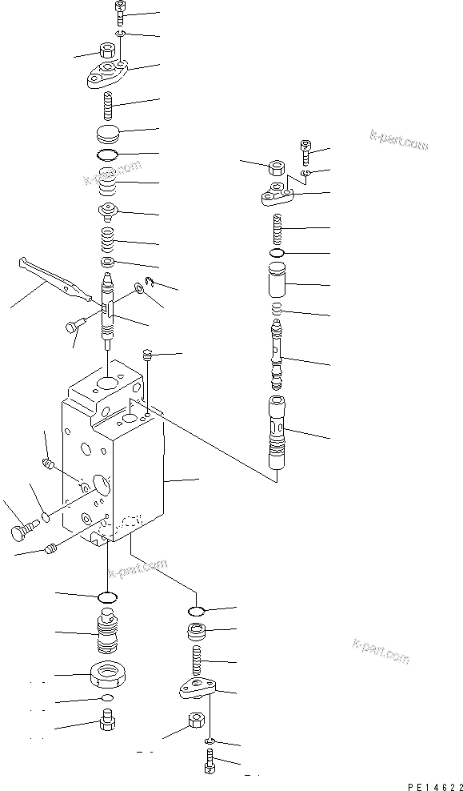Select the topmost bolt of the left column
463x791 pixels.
click(x=118, y=11)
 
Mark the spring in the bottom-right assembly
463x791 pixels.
click(x=197, y=658)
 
